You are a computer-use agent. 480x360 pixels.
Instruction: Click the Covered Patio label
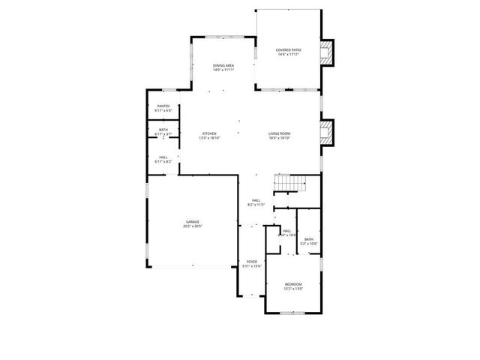(x=289, y=49)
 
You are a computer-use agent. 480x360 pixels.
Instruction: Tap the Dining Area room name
(x=223, y=65)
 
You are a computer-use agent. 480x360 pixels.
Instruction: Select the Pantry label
(x=163, y=106)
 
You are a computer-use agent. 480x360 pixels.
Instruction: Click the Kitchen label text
(x=208, y=133)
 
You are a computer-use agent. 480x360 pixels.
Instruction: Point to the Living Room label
(x=280, y=133)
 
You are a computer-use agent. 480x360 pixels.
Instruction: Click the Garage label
(x=193, y=221)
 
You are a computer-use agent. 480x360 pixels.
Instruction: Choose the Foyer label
(x=252, y=262)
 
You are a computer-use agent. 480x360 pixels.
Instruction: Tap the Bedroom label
(x=293, y=283)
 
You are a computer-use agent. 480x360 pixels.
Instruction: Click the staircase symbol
(x=290, y=184)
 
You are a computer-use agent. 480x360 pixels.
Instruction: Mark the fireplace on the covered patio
(x=325, y=52)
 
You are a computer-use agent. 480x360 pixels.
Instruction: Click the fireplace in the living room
(x=325, y=134)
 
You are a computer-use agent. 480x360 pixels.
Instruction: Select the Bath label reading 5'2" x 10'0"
(x=309, y=239)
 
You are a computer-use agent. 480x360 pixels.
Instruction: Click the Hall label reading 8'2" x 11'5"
(x=256, y=200)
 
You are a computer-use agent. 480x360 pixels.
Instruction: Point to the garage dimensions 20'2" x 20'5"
(x=193, y=226)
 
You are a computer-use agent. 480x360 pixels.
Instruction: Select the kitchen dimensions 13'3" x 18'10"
(x=208, y=138)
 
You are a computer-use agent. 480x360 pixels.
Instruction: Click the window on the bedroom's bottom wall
(x=293, y=315)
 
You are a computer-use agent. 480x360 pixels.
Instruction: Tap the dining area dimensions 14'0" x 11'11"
(x=223, y=70)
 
